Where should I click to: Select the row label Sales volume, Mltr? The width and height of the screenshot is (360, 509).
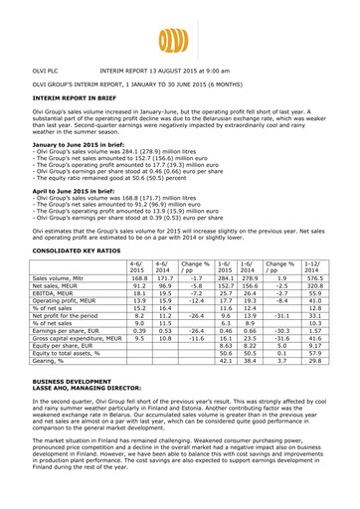pos(60,279)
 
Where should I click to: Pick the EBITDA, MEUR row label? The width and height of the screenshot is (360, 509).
pos(55,296)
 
